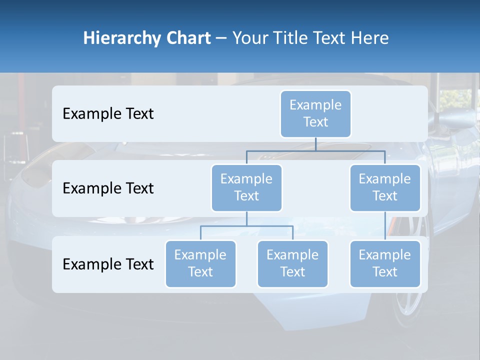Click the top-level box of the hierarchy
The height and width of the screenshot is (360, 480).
point(315,114)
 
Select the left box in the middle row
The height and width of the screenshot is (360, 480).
point(246,188)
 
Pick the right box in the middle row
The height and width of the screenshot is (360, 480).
point(385,188)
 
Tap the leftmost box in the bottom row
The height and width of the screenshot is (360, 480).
point(200,264)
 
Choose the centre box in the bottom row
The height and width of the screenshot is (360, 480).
point(292,264)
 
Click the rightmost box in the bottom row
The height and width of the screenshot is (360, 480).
point(385,264)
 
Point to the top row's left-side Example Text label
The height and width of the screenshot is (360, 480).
point(108,114)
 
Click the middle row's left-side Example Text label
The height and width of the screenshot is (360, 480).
point(108,188)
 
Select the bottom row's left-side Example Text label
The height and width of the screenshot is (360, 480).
point(108,264)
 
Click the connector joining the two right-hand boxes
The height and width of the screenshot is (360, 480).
point(385,226)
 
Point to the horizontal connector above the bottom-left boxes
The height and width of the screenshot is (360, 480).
point(246,226)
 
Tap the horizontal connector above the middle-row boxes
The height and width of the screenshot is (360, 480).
point(315,150)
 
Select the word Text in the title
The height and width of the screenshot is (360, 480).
point(331,38)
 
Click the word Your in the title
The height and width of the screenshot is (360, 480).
point(250,38)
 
